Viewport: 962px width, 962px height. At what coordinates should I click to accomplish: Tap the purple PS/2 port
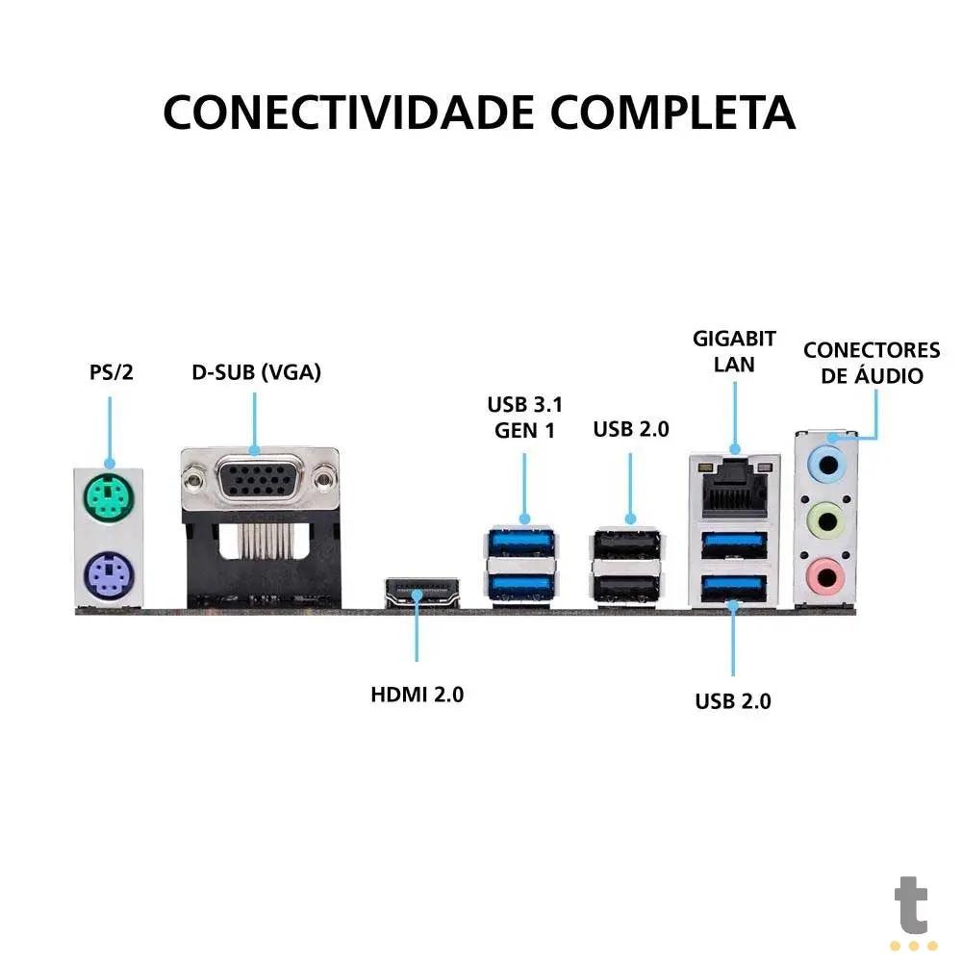pos(108,577)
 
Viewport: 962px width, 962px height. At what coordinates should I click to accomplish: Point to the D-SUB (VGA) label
pos(256,371)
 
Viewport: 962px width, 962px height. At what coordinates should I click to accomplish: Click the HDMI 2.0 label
pos(418,694)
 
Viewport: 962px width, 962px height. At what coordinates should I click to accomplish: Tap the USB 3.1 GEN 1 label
pos(524,417)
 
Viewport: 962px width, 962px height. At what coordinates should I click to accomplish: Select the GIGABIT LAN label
pos(735,351)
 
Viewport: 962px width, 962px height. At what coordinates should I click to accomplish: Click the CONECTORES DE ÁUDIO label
pos(872,363)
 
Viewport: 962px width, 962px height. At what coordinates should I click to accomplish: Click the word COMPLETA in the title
pos(672,113)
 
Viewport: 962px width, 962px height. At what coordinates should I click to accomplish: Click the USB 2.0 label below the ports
pos(733,701)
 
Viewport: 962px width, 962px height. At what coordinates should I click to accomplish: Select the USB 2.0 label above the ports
pos(630,429)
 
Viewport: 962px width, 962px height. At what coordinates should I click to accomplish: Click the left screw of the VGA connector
pos(196,473)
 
